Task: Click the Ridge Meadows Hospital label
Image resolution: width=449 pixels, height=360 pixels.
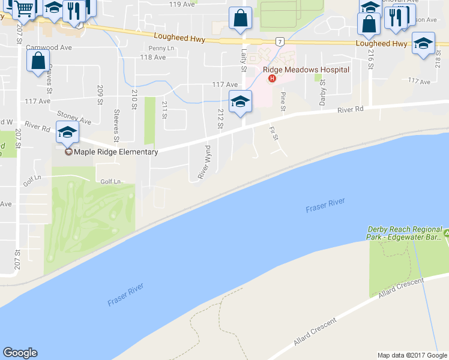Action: [x=306, y=70]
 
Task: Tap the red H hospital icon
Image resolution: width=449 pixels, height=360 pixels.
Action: [x=273, y=78]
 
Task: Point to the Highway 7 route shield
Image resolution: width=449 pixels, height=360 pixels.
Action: [x=280, y=41]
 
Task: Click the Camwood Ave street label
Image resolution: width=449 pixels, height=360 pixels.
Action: [x=49, y=47]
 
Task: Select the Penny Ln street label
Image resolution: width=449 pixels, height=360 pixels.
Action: [x=161, y=48]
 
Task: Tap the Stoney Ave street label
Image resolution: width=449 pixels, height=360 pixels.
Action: [x=74, y=117]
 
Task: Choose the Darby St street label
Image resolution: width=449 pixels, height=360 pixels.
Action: [x=323, y=95]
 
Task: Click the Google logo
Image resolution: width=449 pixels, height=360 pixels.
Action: [x=20, y=353]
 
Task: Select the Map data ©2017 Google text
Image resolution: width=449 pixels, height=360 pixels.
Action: [x=412, y=355]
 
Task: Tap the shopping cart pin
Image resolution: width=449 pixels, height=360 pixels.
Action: [x=24, y=8]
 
